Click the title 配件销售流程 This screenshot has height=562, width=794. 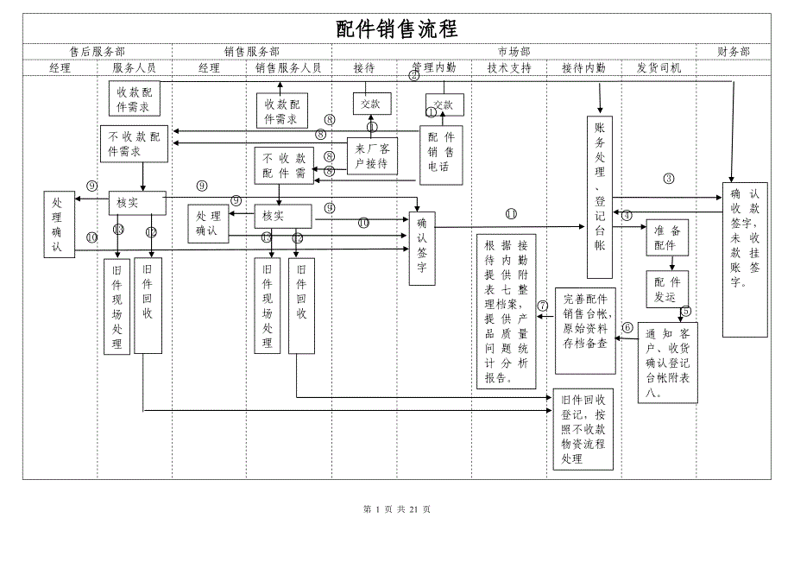pyautogui.click(x=396, y=28)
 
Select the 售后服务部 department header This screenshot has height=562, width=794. pyautogui.click(x=97, y=52)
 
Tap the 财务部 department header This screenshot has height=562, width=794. pyautogui.click(x=733, y=52)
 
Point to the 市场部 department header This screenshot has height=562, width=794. pyautogui.click(x=514, y=52)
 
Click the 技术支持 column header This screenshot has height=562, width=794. pyautogui.click(x=509, y=67)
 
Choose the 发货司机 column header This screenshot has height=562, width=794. pyautogui.click(x=659, y=67)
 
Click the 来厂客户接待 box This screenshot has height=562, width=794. pyautogui.click(x=372, y=156)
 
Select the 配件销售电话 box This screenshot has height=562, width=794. pyautogui.click(x=441, y=154)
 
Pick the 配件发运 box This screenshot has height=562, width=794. pyautogui.click(x=667, y=289)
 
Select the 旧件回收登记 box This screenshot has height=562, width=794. pyautogui.click(x=583, y=430)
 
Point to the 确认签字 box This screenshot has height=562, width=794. pyautogui.click(x=422, y=248)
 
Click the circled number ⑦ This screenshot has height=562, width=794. pyautogui.click(x=543, y=305)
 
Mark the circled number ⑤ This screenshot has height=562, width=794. pyautogui.click(x=686, y=311)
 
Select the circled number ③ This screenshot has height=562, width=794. pyautogui.click(x=669, y=180)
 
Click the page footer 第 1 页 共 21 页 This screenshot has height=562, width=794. pyautogui.click(x=396, y=509)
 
